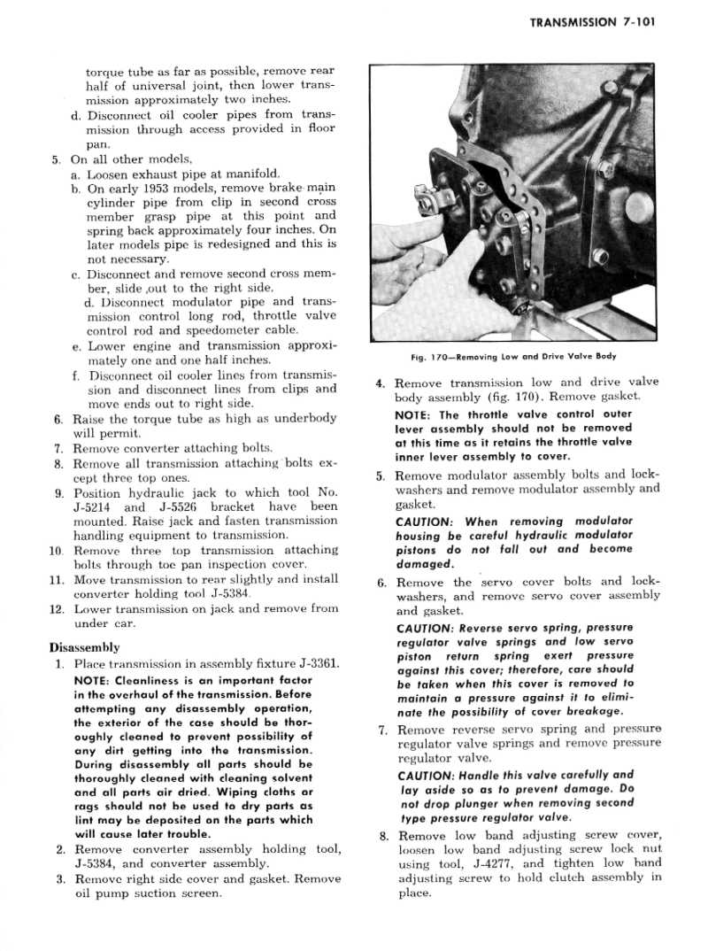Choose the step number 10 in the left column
tap(56, 550)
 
